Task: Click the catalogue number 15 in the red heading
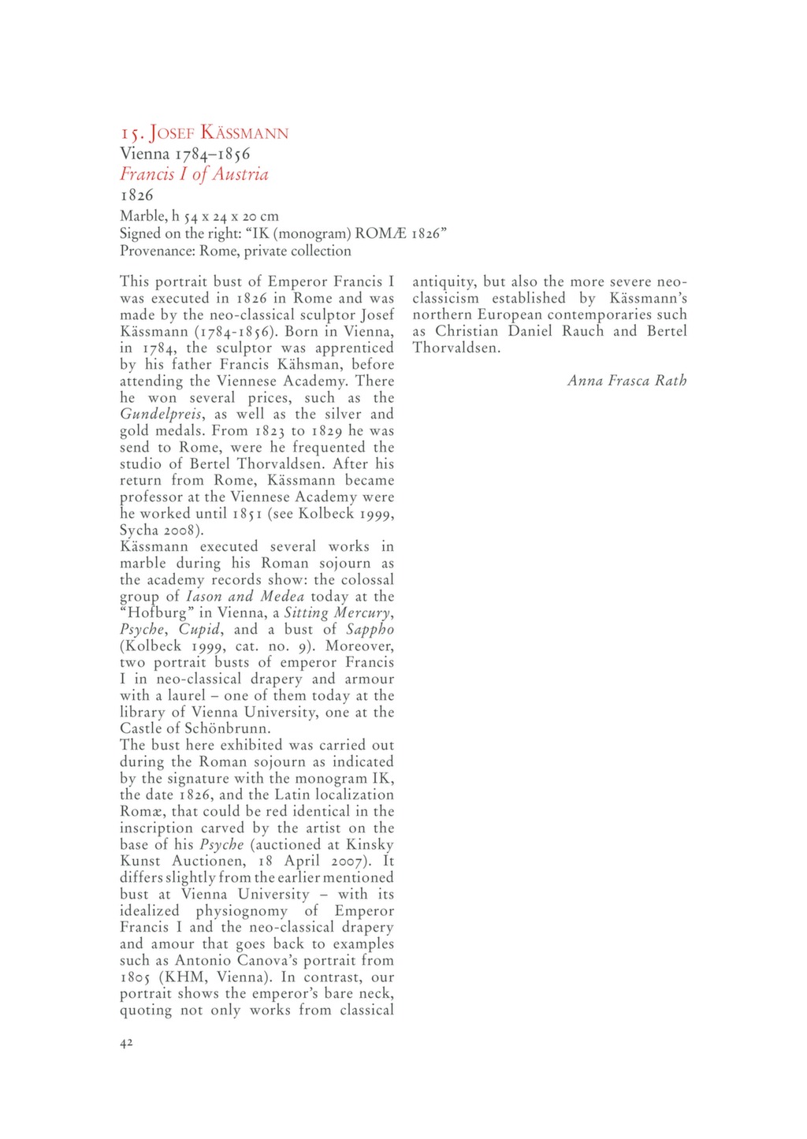(x=129, y=133)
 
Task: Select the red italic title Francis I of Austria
(x=194, y=174)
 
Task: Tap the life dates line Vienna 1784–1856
(x=184, y=154)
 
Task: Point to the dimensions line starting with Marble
(x=199, y=216)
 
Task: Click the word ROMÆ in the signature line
(x=381, y=233)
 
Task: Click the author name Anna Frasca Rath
(x=627, y=381)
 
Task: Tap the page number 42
(x=126, y=1043)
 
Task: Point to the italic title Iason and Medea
(x=245, y=597)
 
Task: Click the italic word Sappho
(x=370, y=629)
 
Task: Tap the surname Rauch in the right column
(x=584, y=331)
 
